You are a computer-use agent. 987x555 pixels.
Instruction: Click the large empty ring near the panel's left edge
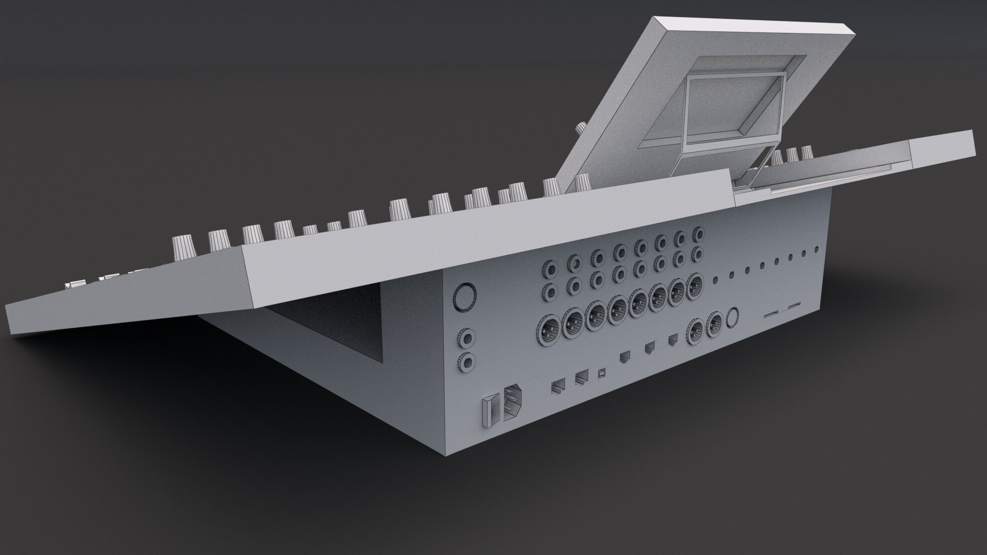[464, 296]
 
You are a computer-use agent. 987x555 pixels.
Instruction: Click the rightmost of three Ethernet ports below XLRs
[672, 339]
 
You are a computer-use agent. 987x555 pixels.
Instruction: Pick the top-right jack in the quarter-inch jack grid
[696, 234]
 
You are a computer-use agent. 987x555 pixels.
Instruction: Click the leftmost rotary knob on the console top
[180, 245]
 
